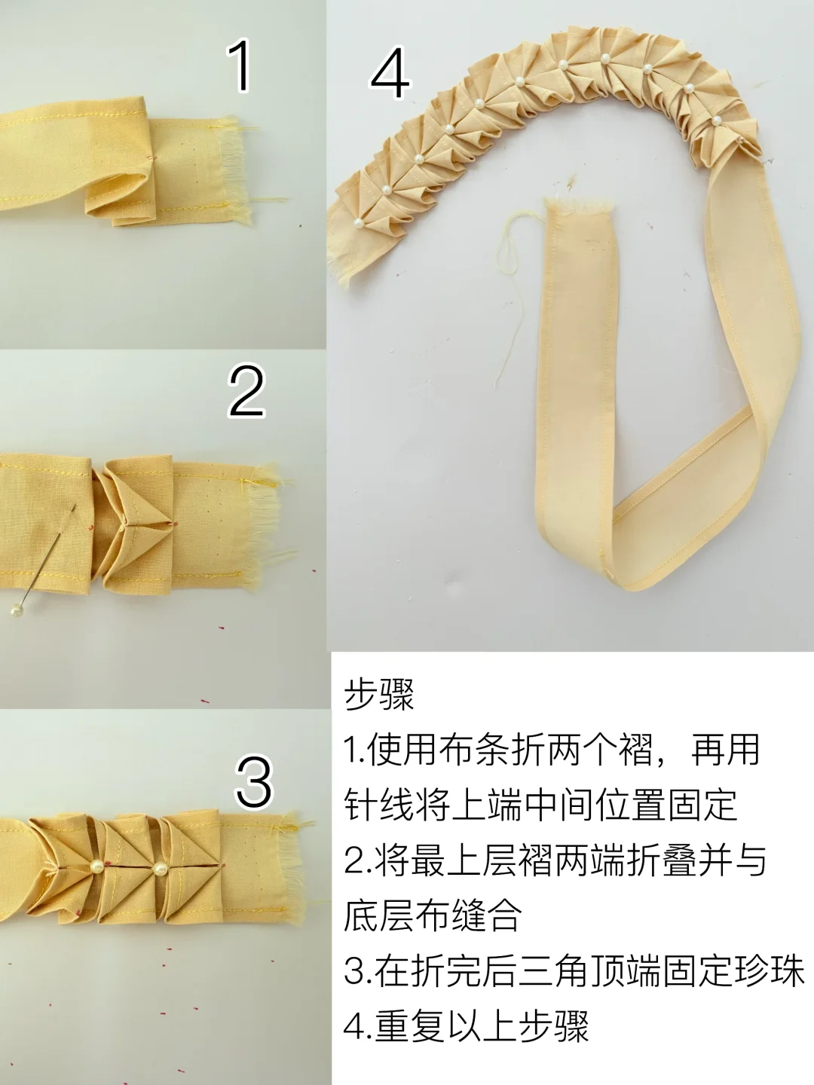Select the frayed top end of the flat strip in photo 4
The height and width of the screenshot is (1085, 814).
tap(580, 204)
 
